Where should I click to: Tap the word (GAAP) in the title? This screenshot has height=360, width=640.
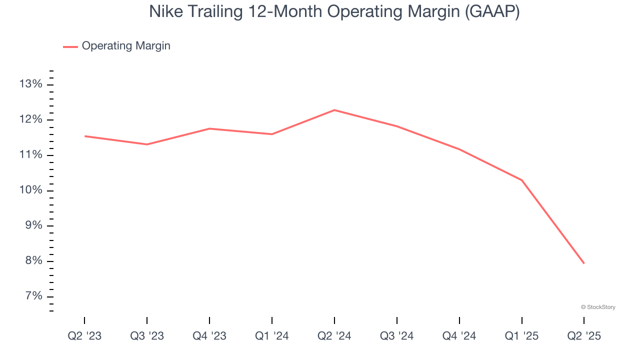[x=492, y=12]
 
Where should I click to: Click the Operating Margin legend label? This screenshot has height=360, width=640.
[x=126, y=46]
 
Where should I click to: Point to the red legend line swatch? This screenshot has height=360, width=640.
[x=70, y=46]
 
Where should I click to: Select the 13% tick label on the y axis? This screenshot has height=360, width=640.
[x=30, y=84]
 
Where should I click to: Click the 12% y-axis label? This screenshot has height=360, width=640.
[x=30, y=119]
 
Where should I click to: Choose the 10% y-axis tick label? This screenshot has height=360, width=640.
[x=30, y=190]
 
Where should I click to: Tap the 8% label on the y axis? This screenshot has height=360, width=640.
[x=33, y=261]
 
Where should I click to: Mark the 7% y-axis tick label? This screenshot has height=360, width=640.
[x=33, y=297]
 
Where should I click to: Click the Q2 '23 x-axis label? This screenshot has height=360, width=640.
[x=84, y=336]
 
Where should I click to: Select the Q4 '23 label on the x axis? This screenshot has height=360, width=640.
[x=209, y=336]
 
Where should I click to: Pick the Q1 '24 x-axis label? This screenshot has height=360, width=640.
[x=272, y=336]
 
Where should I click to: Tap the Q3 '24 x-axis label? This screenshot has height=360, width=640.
[x=397, y=336]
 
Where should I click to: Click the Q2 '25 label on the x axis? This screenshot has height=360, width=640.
[x=584, y=336]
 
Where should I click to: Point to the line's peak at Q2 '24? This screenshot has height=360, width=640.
[x=334, y=110]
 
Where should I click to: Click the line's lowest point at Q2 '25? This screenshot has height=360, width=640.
[x=584, y=263]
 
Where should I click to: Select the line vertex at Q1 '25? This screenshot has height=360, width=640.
[x=522, y=180]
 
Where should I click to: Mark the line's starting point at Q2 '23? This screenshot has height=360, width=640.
[x=84, y=136]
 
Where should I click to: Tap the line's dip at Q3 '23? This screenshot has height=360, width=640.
[x=147, y=144]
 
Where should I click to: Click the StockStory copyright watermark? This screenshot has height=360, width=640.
[x=598, y=307]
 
